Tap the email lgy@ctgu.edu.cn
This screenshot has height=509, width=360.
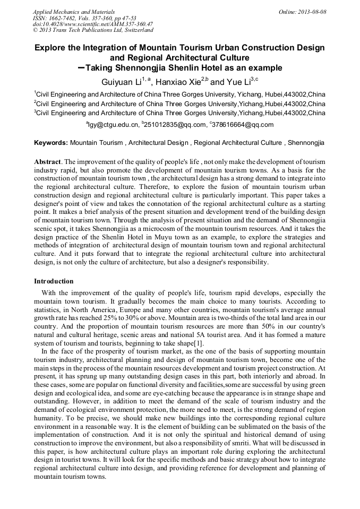click(x=113, y=125)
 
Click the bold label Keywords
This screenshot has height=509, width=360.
click(x=51, y=143)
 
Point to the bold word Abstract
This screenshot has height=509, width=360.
click(x=47, y=161)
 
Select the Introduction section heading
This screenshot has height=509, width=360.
click(x=54, y=281)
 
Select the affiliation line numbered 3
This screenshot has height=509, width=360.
click(x=179, y=113)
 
